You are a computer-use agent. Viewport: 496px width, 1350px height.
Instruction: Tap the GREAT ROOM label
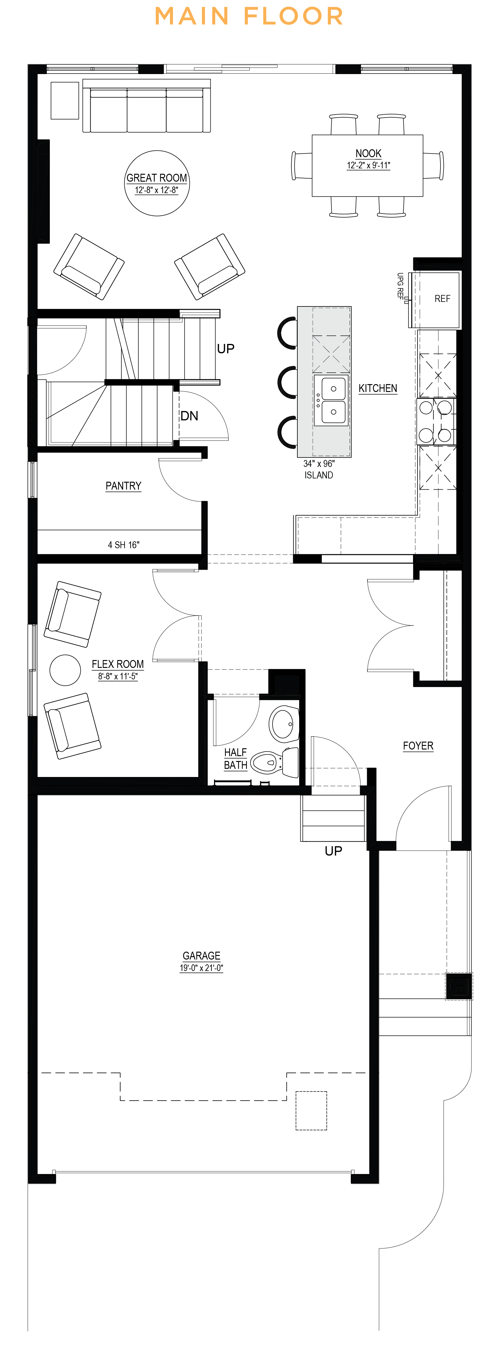157,178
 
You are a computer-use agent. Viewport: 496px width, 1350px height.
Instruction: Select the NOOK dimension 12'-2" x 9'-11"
368,166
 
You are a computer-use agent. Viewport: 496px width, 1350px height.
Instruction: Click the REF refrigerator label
442,299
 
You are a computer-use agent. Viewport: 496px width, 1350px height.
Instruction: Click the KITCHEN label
378,388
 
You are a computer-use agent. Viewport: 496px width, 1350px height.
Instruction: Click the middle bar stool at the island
287,383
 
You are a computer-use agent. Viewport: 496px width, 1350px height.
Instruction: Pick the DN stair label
189,416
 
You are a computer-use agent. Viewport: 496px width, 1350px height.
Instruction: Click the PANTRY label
123,486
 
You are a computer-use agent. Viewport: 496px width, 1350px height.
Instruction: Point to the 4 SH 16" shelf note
123,545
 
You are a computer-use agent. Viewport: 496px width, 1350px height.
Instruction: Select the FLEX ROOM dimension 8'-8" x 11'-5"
118,677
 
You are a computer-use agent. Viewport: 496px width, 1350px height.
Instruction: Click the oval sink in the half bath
284,723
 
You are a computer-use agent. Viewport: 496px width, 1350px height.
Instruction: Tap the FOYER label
418,746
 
